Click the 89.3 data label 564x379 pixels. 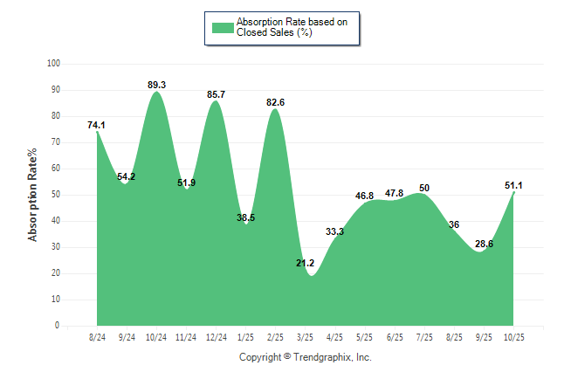click(157, 85)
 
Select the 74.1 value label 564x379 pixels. click(96, 125)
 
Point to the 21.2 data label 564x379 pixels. click(306, 263)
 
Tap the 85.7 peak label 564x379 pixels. click(217, 94)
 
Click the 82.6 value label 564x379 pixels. click(276, 102)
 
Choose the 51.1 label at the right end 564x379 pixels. click(514, 185)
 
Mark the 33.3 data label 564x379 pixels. click(335, 231)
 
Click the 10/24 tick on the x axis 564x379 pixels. click(156, 336)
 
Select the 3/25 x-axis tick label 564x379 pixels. click(306, 336)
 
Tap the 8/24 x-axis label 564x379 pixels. click(97, 336)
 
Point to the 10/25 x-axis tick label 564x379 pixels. click(514, 336)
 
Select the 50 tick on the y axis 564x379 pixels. click(56, 195)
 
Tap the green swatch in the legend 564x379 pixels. click(223, 27)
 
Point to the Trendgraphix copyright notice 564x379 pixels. click(306, 357)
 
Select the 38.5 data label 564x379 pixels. click(246, 217)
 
